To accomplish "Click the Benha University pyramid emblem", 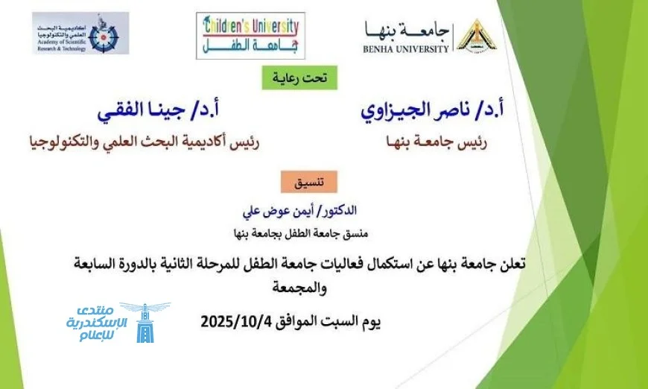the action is pyautogui.click(x=477, y=37).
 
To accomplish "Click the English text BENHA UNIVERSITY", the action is pyautogui.click(x=406, y=49).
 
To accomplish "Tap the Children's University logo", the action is pyautogui.click(x=250, y=36).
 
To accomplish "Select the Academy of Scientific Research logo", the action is pyautogui.click(x=80, y=33).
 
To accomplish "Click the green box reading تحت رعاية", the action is pyautogui.click(x=299, y=78).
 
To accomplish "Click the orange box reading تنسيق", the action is pyautogui.click(x=309, y=182).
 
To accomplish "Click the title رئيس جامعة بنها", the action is pyautogui.click(x=436, y=142).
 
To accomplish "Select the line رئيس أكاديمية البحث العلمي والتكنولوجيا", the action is pyautogui.click(x=144, y=142).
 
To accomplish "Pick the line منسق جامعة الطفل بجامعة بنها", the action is pyautogui.click(x=300, y=234).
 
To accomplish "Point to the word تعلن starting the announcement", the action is pyautogui.click(x=513, y=263).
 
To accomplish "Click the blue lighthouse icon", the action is pyautogui.click(x=145, y=323).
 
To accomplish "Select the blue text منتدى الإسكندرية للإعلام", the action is pyautogui.click(x=97, y=323).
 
